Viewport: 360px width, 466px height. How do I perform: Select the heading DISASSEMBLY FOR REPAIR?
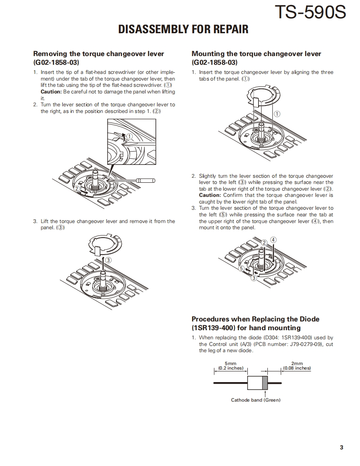click(183, 29)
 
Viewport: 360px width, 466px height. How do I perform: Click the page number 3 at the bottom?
click(341, 447)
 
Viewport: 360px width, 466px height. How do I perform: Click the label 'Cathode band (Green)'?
click(256, 400)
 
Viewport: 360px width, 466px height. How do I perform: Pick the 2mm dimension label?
click(297, 363)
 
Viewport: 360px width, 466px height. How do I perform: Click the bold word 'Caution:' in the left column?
click(51, 92)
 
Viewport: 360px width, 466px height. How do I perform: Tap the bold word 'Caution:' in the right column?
click(210, 195)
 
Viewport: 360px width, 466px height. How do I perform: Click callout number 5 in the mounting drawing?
click(241, 268)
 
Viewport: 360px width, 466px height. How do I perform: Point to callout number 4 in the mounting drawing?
click(273, 240)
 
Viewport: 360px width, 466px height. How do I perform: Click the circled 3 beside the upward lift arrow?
click(108, 260)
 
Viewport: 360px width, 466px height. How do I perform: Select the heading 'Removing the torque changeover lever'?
click(99, 54)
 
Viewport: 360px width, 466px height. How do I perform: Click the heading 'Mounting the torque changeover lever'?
click(256, 54)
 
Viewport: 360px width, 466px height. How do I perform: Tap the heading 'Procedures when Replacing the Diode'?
click(255, 319)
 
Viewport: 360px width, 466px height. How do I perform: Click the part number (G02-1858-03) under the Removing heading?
click(56, 63)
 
